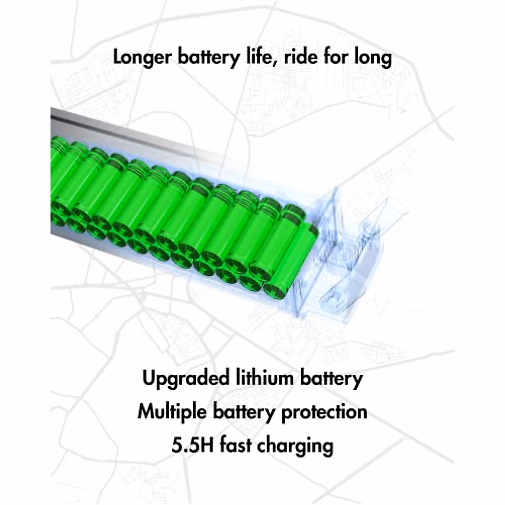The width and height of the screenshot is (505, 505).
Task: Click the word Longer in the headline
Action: [x=141, y=58]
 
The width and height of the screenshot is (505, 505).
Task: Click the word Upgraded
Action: [x=185, y=379]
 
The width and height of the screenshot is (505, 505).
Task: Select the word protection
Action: [x=324, y=412]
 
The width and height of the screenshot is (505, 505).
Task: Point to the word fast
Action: [x=236, y=445]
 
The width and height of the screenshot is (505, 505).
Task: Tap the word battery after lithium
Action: [x=331, y=378]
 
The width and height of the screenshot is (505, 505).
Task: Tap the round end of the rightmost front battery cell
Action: [x=275, y=290]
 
